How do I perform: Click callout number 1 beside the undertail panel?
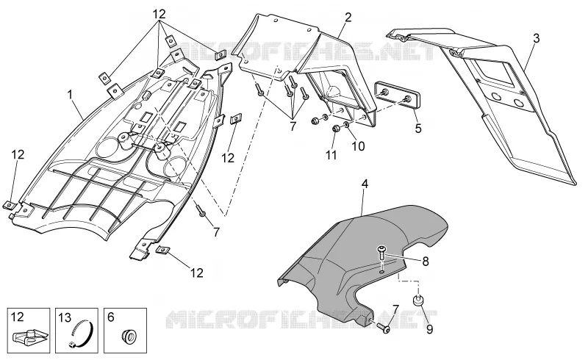coord(70,95)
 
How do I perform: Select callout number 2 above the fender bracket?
coord(348,17)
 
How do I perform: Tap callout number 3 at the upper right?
coord(537,38)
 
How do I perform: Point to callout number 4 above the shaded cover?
coord(365,184)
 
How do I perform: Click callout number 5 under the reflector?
coord(418,129)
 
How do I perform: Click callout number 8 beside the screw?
coord(426,261)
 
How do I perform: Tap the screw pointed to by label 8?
coord(381,253)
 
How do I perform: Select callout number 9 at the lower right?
coord(429,329)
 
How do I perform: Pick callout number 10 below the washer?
coord(358,146)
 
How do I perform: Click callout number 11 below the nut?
coord(331,154)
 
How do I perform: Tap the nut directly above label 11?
coord(336,129)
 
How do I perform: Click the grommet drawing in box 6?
coord(129,335)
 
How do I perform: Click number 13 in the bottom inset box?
coord(65,318)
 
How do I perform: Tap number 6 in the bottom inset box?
coord(111,317)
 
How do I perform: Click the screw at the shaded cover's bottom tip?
coord(384,328)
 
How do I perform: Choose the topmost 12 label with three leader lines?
coord(159,14)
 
